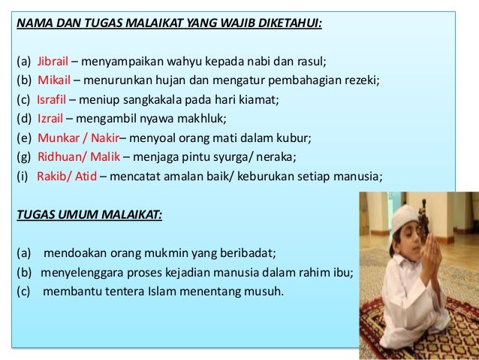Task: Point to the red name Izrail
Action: click(50, 119)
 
